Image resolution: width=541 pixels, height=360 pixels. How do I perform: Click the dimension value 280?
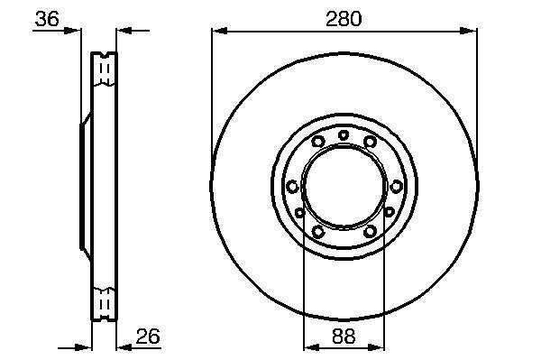point(344,19)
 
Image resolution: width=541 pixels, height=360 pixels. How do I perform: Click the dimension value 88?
point(344,336)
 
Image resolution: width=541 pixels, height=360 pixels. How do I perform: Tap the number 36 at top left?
point(47,19)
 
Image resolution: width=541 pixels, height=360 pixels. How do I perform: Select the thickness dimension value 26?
point(148,336)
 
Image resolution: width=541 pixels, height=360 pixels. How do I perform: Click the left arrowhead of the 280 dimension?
point(219,31)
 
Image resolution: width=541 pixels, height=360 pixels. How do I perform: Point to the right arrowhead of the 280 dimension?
point(469,31)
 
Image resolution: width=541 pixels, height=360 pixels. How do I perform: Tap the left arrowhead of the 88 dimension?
point(311,347)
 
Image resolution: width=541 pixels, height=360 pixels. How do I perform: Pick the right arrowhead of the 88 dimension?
point(376,347)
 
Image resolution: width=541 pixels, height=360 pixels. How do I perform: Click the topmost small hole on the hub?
point(344,135)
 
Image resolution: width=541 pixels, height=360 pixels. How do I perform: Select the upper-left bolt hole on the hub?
point(317,141)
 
